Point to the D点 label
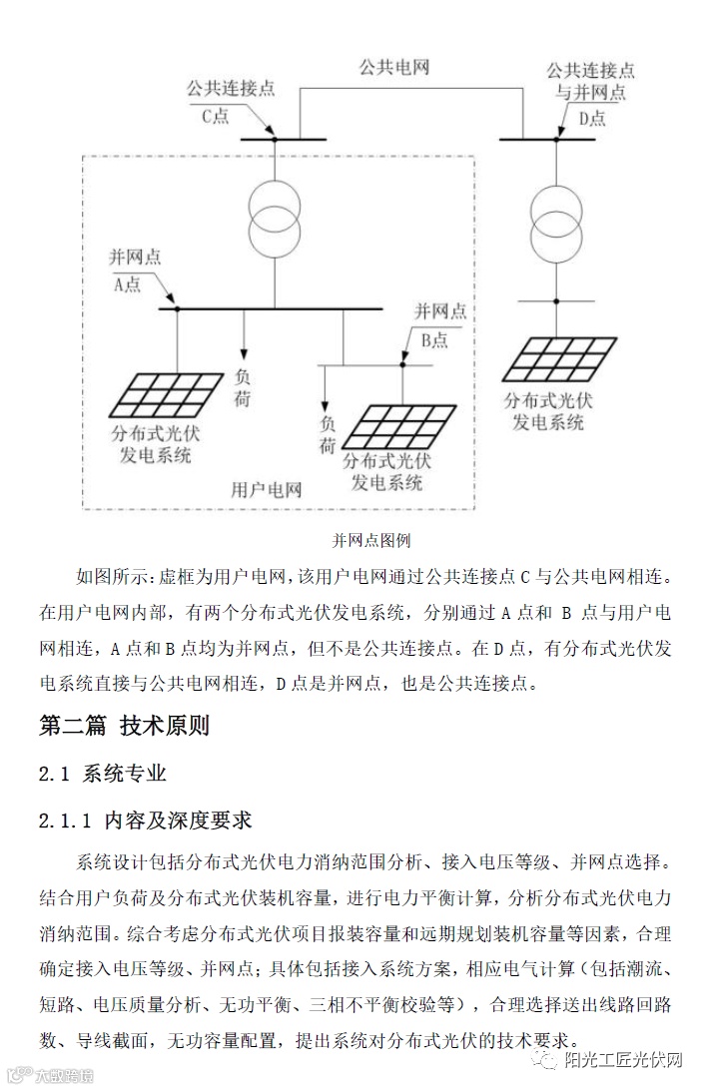pos(592,119)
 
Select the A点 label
pos(127,284)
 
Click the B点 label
pos(433,340)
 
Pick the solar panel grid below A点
pos(167,393)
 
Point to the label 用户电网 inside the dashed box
pos(266,490)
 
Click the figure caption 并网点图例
pos(371,541)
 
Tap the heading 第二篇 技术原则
pos(124,726)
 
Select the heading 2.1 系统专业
pos(102,774)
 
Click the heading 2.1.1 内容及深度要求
pos(145,821)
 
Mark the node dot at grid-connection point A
pos(178,308)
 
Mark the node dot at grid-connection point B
pos(402,365)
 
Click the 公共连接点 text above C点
pos(230,88)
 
